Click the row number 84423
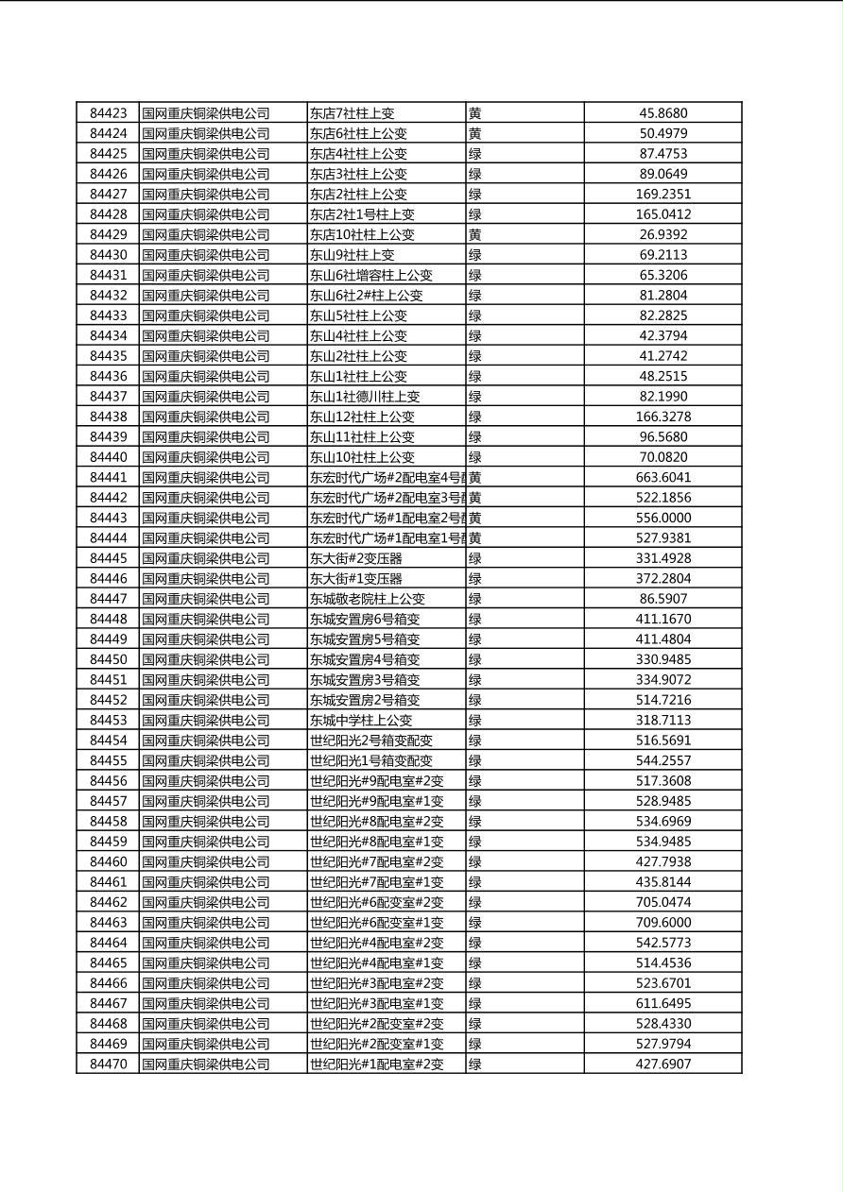108,113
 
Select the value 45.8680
662,113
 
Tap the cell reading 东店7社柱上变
352,113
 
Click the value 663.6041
662,478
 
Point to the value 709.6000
662,923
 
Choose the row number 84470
108,1064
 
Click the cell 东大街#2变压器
356,558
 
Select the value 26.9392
662,234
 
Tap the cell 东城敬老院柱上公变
368,599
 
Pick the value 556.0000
662,518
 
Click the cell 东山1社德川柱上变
365,397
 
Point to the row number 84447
108,599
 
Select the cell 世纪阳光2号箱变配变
370,741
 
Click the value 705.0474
662,902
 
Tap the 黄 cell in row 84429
475,234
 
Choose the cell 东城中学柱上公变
361,720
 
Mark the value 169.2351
662,195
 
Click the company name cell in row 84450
206,659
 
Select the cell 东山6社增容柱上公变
370,275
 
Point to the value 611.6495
662,1003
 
